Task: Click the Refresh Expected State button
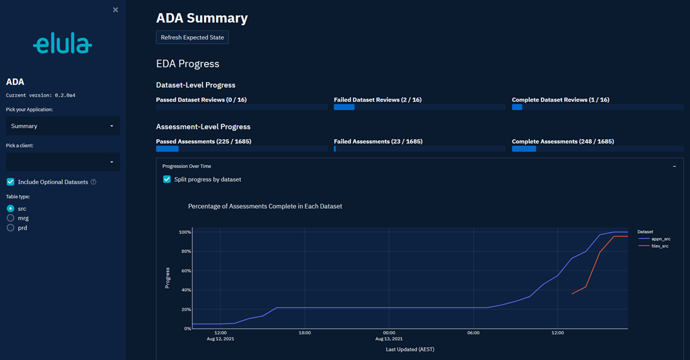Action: tap(192, 37)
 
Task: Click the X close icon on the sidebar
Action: tap(115, 10)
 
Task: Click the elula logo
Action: tap(62, 44)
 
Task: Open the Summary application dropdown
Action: tap(62, 126)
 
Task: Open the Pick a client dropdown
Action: tap(62, 162)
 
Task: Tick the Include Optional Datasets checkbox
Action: tap(10, 182)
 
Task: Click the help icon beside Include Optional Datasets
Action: tap(93, 182)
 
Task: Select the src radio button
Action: tap(10, 209)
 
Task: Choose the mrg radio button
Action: tap(10, 218)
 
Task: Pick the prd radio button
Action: tap(10, 228)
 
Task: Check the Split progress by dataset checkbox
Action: tap(167, 179)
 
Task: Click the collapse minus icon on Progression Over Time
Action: tap(674, 166)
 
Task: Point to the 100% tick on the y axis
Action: tap(185, 232)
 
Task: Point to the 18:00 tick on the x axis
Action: tap(304, 333)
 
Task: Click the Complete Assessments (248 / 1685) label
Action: tap(563, 142)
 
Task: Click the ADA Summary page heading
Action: tap(201, 18)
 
